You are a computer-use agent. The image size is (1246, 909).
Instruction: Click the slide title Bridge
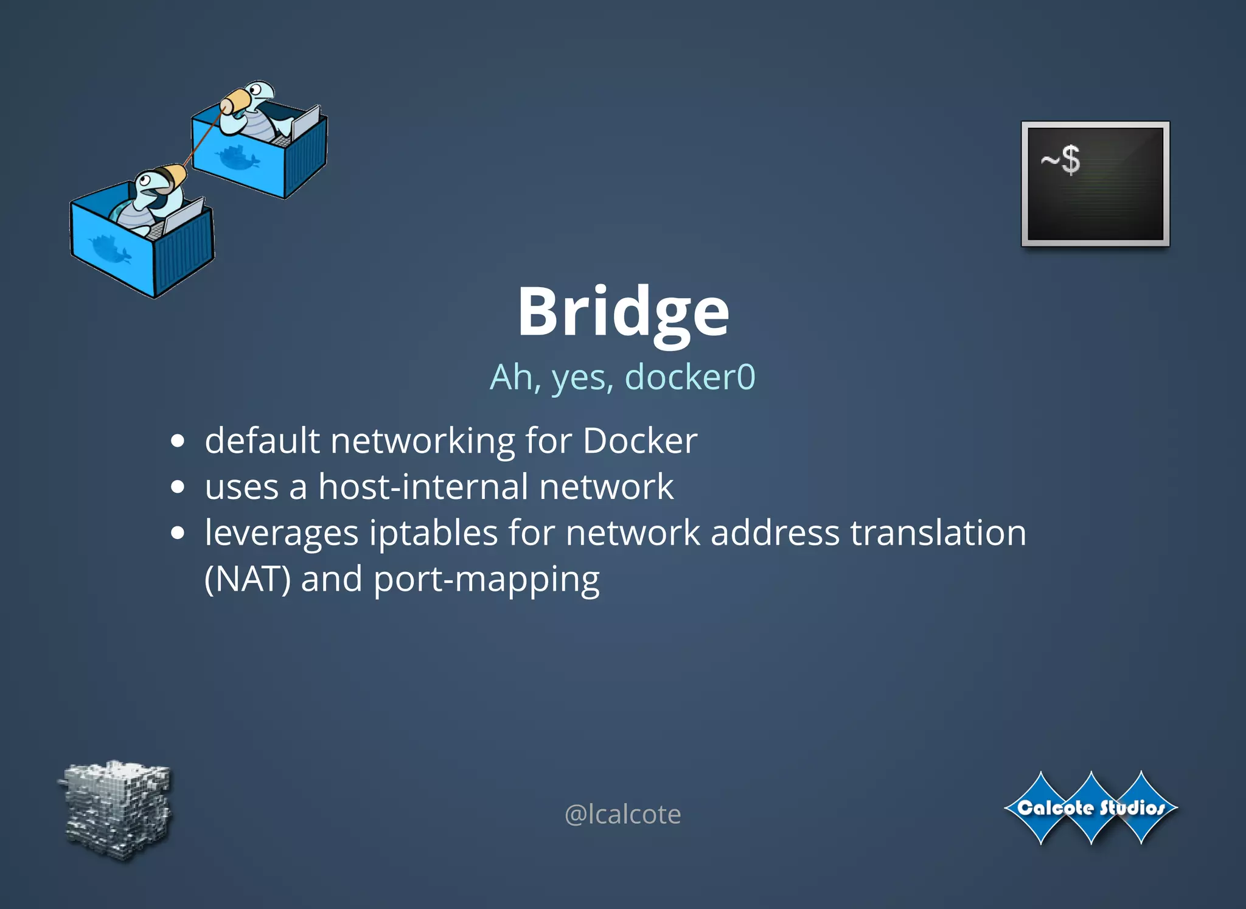(x=623, y=312)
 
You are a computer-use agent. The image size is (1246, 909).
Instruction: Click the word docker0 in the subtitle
(x=690, y=377)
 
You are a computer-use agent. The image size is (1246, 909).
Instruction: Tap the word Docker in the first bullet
(x=640, y=441)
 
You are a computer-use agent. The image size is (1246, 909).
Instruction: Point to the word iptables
(x=434, y=534)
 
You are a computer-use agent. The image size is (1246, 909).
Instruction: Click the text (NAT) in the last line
(x=247, y=579)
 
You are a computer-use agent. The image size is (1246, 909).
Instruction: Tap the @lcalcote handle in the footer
(x=622, y=814)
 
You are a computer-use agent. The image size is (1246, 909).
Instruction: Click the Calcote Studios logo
(x=1091, y=808)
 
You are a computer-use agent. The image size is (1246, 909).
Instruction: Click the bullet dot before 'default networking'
(x=178, y=441)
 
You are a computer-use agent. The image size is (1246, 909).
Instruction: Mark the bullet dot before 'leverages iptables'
(x=178, y=534)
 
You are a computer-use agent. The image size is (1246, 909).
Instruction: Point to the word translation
(x=938, y=534)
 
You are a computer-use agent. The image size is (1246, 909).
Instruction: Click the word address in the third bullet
(x=776, y=534)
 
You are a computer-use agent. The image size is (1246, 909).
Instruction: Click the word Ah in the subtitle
(x=512, y=377)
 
